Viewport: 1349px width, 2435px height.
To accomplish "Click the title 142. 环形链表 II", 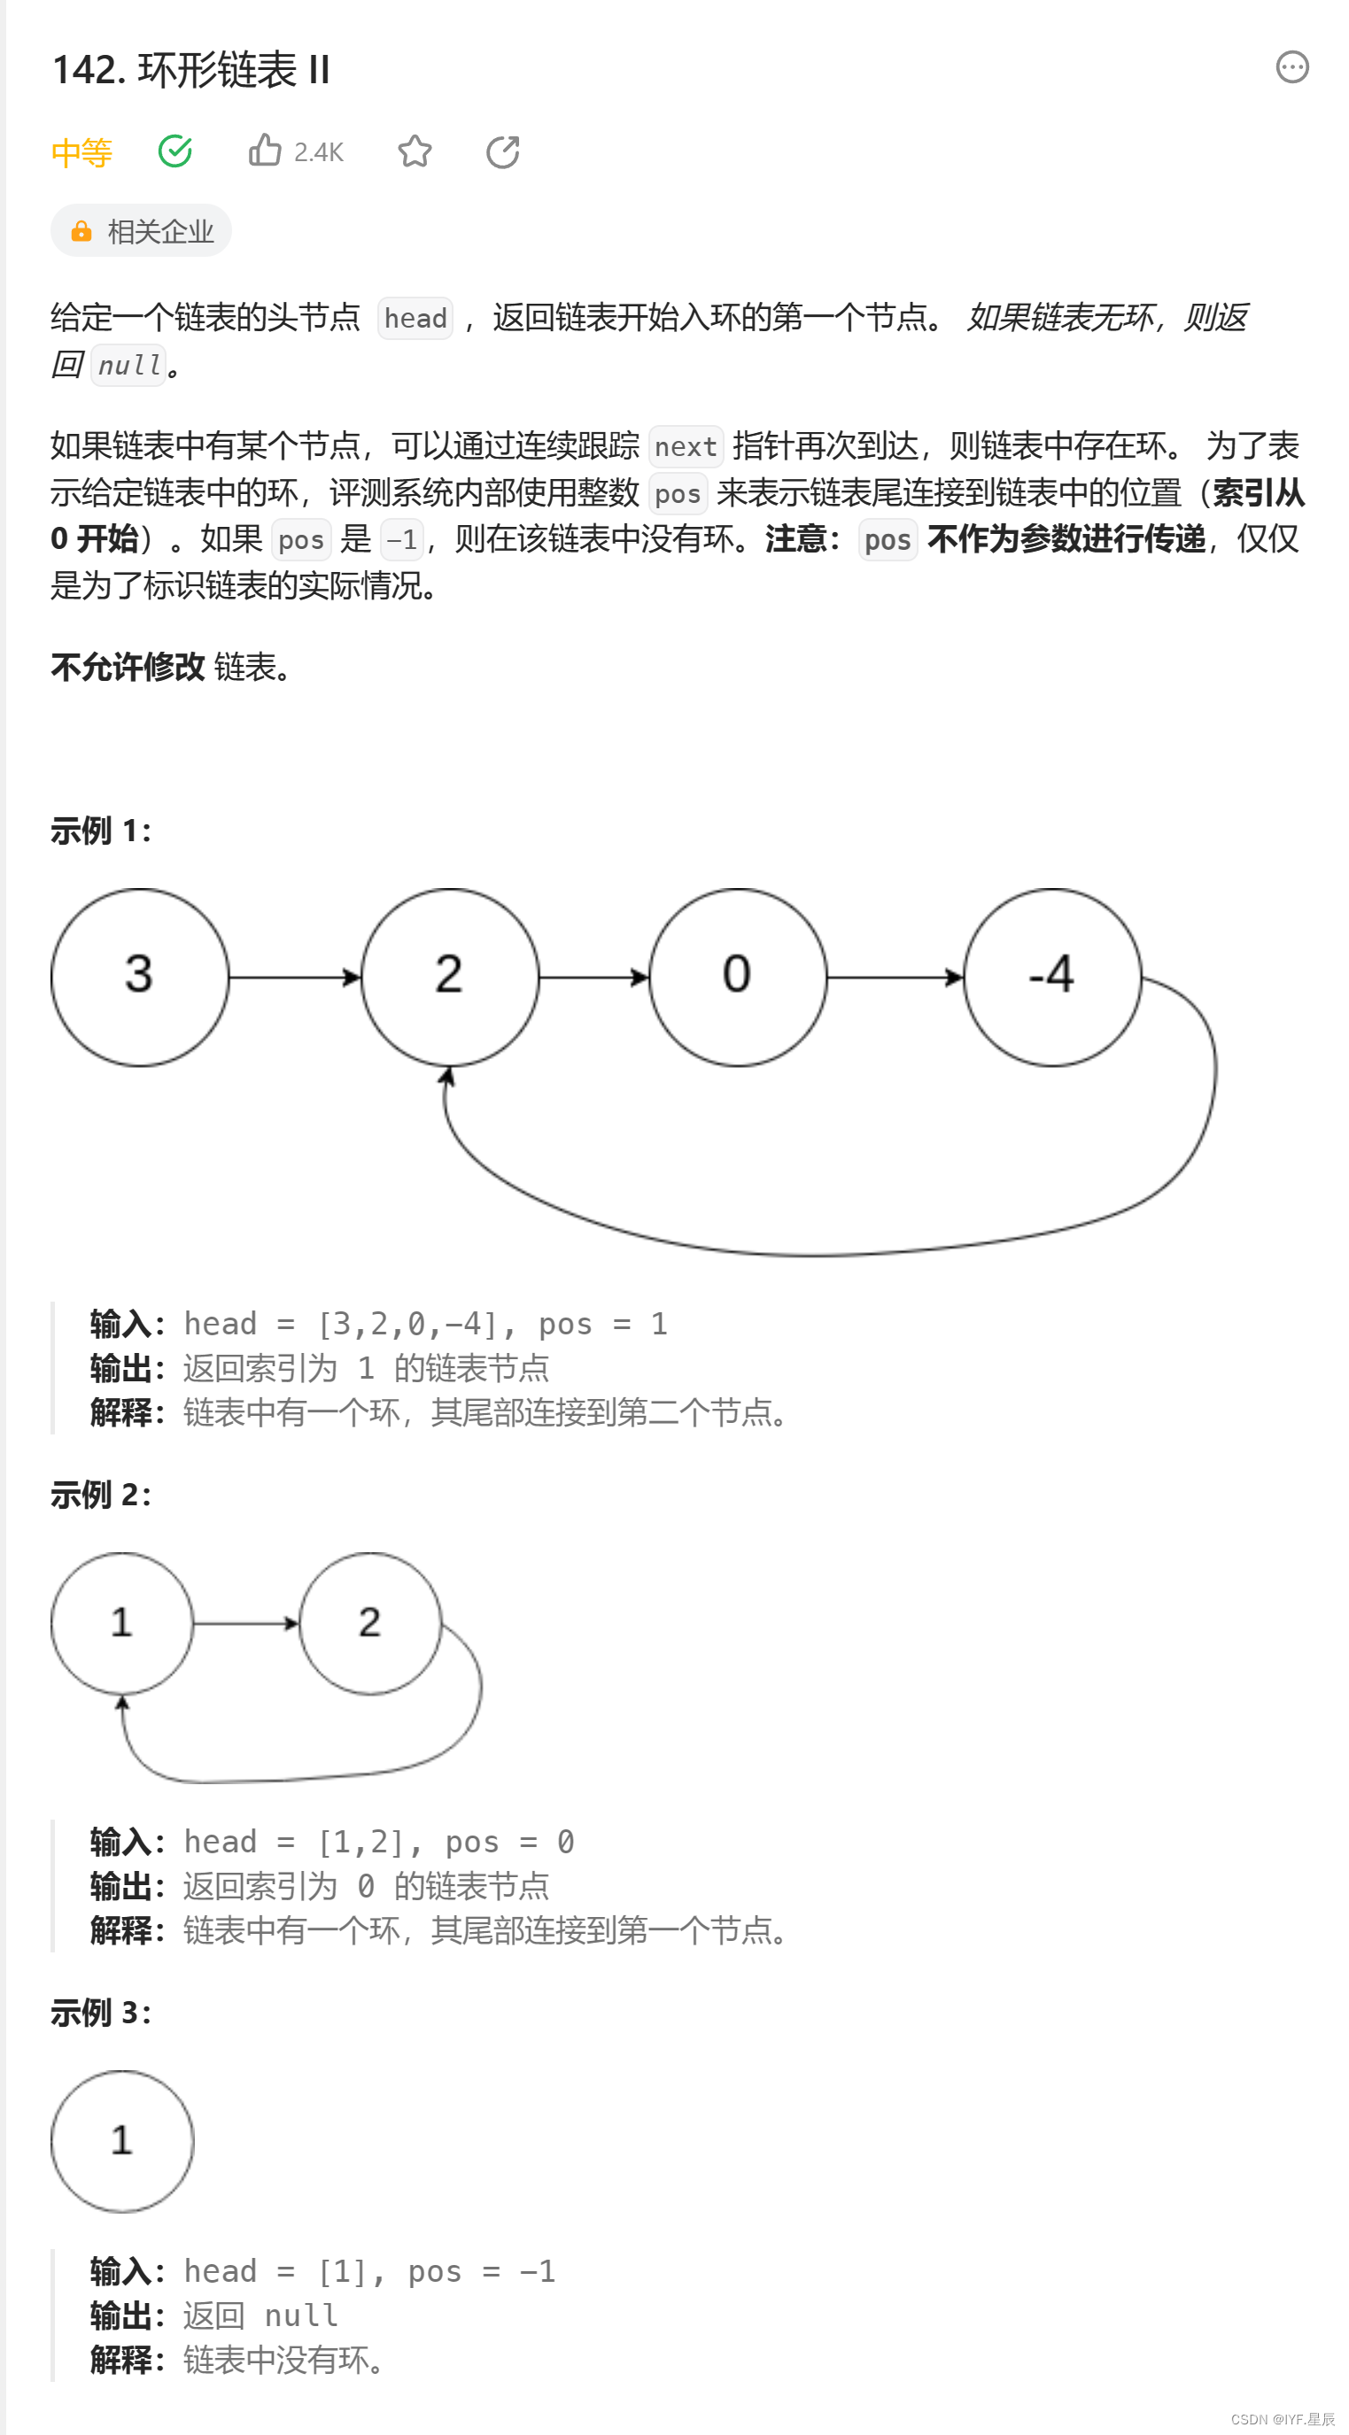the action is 191,70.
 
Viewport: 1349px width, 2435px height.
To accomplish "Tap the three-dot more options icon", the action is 1291,67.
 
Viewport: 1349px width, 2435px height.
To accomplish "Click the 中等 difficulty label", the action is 81,152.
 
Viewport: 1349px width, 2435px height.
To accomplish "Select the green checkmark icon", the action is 174,151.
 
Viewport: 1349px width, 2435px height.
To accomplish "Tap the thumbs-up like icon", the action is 265,151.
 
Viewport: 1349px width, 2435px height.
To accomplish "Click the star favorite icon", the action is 414,151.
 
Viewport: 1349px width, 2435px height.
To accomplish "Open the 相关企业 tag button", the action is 141,230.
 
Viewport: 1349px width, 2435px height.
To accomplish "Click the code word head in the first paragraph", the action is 415,319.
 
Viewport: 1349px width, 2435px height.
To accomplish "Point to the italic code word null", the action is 129,366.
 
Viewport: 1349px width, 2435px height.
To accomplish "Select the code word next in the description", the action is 686,447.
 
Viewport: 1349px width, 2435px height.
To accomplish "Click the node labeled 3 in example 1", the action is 140,977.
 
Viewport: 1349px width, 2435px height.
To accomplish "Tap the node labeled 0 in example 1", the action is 737,977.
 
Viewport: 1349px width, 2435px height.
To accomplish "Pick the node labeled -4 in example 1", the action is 1051,977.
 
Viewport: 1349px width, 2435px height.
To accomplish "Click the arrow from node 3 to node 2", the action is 294,977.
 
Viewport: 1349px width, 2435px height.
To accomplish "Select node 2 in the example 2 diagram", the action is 369,1622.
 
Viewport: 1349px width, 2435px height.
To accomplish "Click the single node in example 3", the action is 122,2141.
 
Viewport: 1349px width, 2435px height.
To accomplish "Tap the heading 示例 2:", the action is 100,1495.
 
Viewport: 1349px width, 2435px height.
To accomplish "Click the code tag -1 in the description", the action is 402,540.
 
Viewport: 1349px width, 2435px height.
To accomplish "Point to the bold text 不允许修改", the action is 128,668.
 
